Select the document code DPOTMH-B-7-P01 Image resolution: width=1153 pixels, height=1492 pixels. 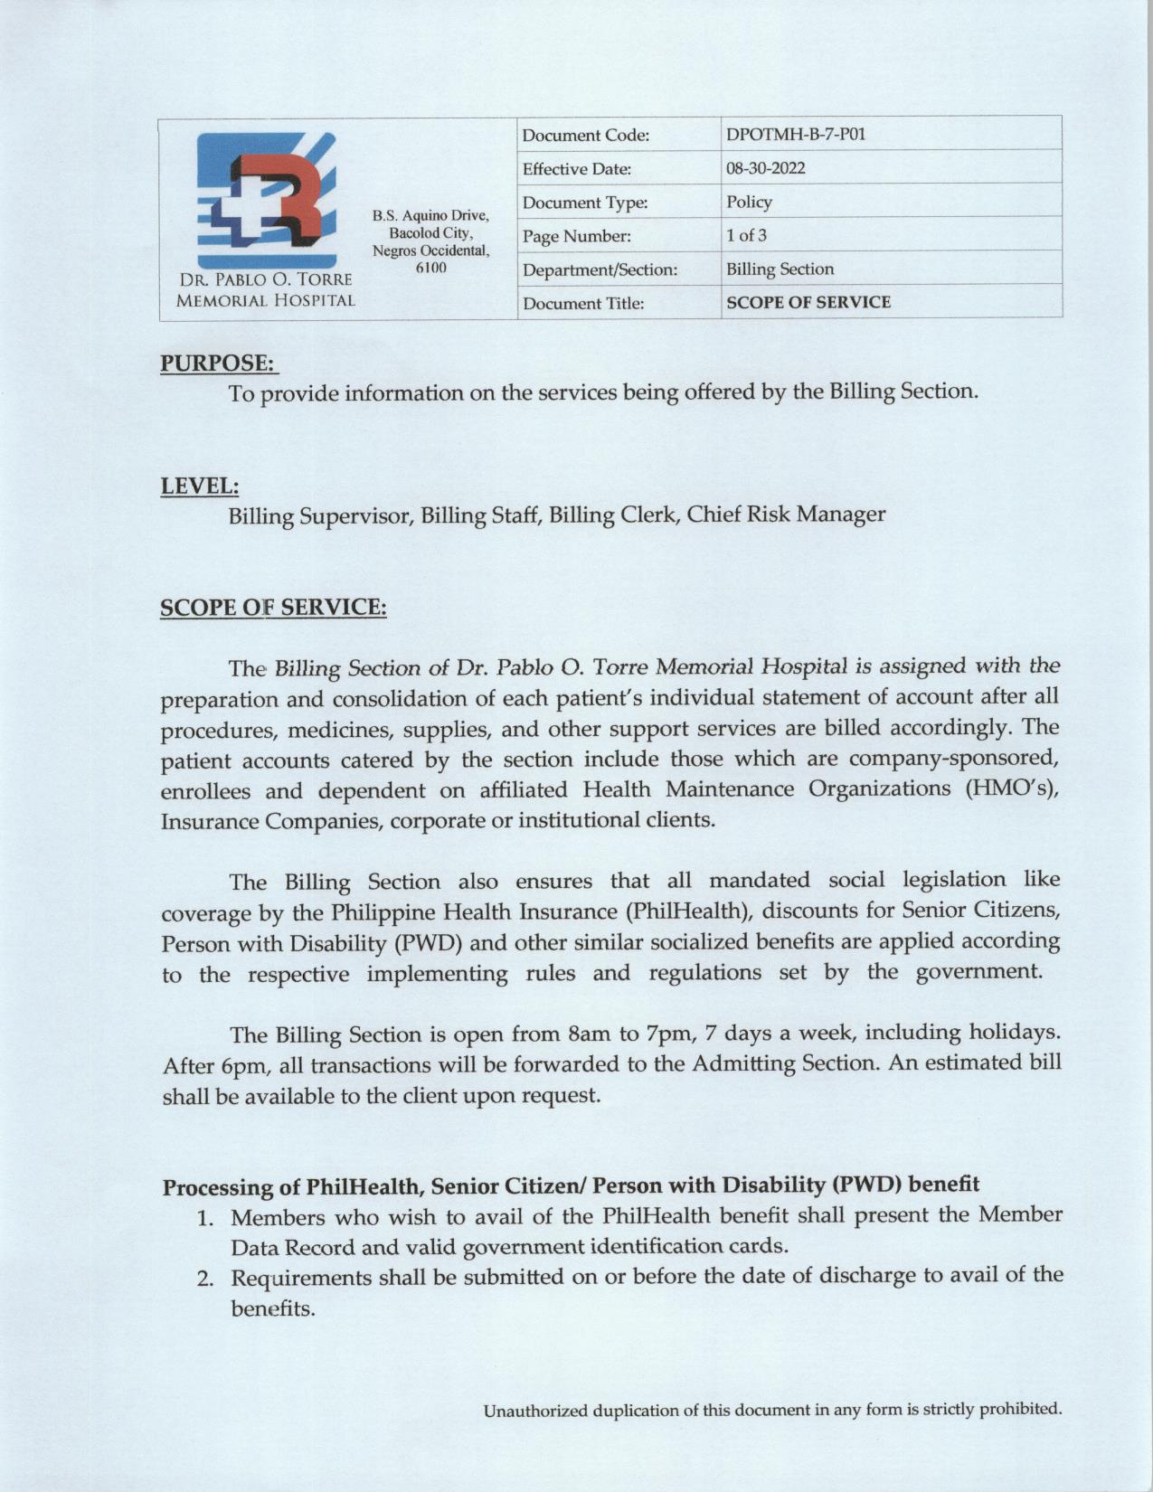796,135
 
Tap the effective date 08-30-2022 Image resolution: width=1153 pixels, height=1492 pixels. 765,168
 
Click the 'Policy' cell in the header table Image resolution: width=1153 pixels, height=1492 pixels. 749,202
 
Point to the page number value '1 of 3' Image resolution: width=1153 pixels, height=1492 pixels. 747,235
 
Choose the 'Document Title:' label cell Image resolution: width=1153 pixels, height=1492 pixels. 583,303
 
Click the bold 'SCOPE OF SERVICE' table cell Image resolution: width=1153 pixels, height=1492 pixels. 808,302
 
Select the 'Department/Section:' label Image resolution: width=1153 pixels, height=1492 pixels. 600,269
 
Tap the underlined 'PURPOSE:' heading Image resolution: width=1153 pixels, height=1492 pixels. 218,363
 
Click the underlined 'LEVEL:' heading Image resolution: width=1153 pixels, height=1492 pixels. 200,486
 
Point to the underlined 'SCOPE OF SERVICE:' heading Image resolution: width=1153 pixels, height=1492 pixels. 273,607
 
